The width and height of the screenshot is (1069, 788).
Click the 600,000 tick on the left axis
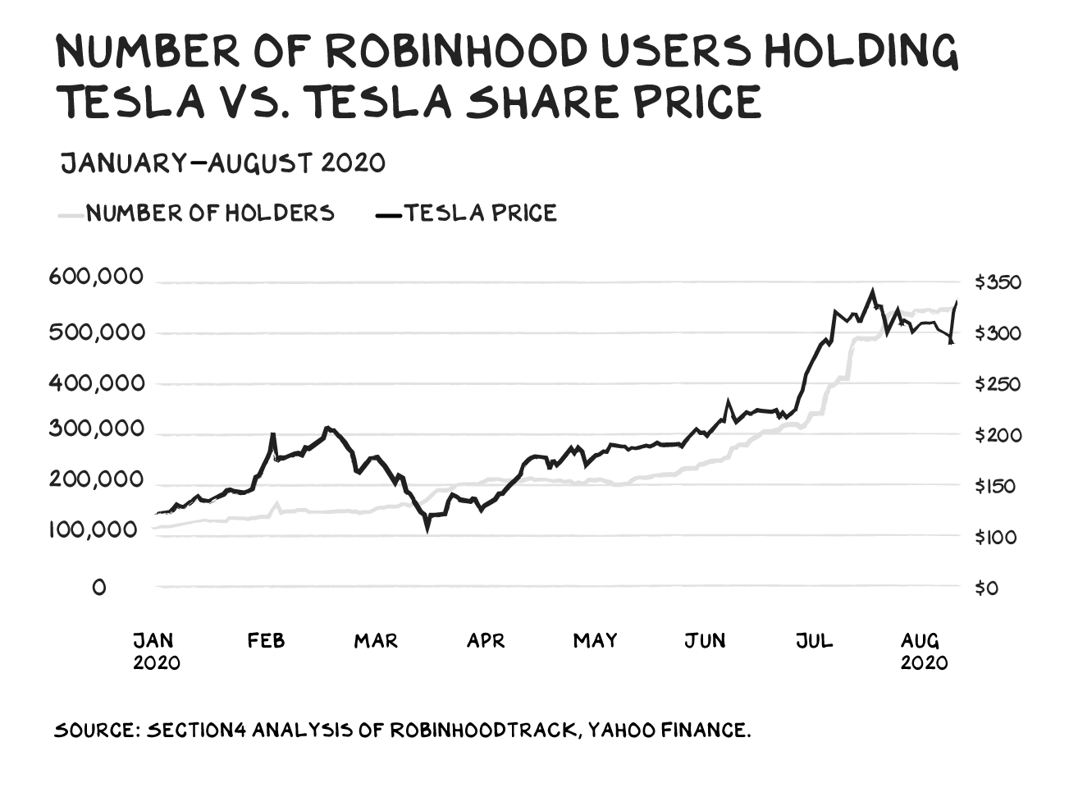95,277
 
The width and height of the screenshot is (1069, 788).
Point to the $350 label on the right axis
998,282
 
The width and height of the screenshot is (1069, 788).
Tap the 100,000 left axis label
93,529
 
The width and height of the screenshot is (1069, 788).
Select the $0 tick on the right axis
986,588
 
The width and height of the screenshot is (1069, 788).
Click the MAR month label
376,641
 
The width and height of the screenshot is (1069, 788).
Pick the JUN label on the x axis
705,641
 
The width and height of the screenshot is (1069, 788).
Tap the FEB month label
266,641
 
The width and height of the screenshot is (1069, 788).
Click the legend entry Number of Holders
210,213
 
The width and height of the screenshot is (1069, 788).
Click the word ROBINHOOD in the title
458,52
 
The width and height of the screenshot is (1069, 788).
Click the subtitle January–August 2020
223,163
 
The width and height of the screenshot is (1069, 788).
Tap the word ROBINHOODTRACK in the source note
481,730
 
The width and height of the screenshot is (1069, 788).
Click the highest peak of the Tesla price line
872,291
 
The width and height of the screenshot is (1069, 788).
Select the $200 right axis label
998,435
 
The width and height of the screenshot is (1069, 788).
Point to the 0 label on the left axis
99,588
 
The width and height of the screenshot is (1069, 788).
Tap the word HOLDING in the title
861,52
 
